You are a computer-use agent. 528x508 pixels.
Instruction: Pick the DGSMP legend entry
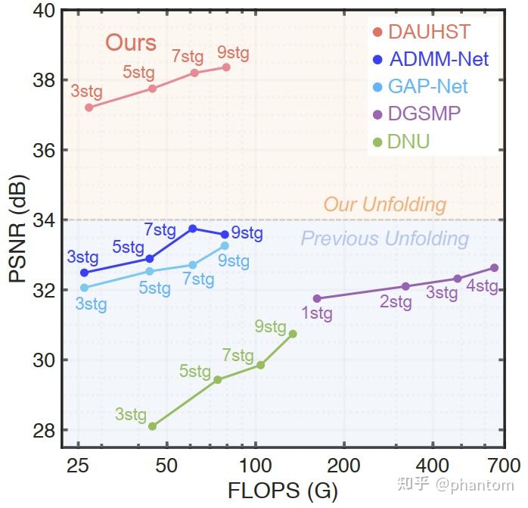(x=424, y=114)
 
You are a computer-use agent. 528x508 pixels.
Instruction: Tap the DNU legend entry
(x=408, y=141)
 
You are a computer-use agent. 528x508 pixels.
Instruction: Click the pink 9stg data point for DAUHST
(x=226, y=67)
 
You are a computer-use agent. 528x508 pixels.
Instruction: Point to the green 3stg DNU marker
(x=152, y=426)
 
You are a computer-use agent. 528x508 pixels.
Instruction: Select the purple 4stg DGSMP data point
(x=494, y=267)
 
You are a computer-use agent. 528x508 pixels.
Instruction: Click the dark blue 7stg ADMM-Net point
(x=193, y=228)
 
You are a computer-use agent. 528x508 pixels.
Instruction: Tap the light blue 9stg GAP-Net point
(x=225, y=245)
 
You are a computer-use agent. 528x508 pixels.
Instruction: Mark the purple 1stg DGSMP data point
(x=317, y=298)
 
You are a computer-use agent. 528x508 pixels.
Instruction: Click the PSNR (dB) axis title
(x=18, y=227)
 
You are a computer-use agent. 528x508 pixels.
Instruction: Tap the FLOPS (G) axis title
(x=282, y=491)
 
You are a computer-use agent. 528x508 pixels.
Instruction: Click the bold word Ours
(x=131, y=42)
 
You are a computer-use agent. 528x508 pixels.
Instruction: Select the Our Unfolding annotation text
(x=384, y=204)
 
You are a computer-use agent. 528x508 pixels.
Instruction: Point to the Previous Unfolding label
(x=384, y=239)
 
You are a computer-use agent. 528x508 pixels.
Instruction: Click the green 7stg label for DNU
(x=238, y=355)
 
